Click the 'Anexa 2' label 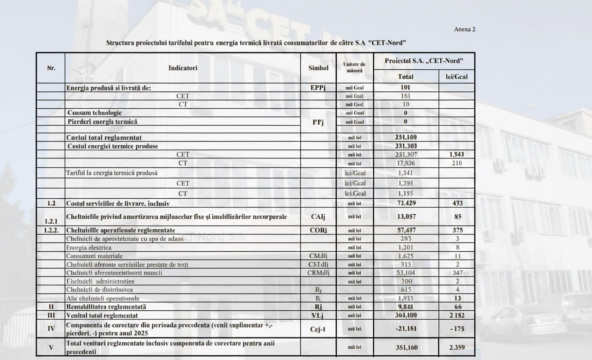(465, 29)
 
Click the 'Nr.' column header (51, 67)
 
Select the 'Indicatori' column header (183, 67)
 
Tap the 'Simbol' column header (318, 67)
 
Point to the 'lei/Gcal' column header (457, 76)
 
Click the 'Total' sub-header (406, 76)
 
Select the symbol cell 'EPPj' (318, 88)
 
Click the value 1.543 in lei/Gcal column (457, 154)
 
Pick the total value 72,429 (406, 203)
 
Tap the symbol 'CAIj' (318, 217)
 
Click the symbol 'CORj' (318, 230)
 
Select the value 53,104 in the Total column (406, 273)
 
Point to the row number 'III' (51, 315)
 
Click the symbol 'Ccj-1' (318, 329)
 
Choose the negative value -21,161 (406, 329)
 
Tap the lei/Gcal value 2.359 (457, 348)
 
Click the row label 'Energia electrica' (89, 247)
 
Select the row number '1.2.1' (51, 221)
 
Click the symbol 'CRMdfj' (318, 273)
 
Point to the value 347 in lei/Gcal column (457, 273)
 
